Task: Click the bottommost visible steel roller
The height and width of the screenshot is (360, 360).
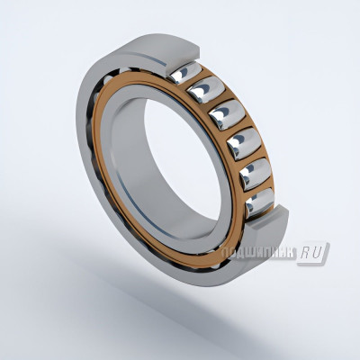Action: [x=258, y=202]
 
